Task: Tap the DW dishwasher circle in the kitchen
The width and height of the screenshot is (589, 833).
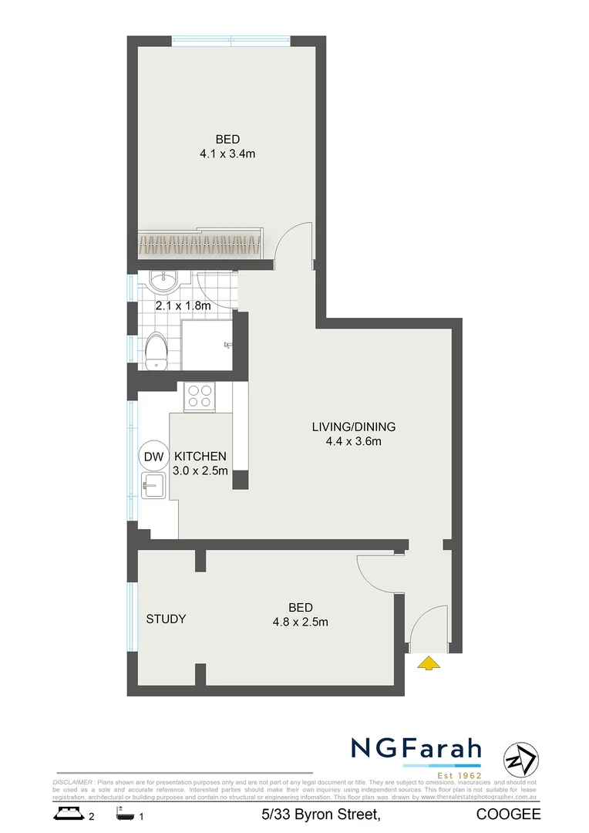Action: (x=153, y=457)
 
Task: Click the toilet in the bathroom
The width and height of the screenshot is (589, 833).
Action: (x=157, y=352)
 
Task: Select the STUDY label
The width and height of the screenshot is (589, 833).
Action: (x=166, y=619)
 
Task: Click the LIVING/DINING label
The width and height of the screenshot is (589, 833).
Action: (x=354, y=427)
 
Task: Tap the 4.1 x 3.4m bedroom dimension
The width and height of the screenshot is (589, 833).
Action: (x=227, y=153)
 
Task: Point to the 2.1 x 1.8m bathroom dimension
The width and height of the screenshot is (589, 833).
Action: (x=183, y=305)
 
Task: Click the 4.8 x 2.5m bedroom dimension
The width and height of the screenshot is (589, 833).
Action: (x=300, y=622)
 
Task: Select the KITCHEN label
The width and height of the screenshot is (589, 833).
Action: (x=200, y=456)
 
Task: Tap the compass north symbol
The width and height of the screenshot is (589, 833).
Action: (x=518, y=760)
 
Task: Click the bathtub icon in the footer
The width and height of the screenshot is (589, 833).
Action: (x=123, y=814)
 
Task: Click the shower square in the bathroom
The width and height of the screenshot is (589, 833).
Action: (x=207, y=342)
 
